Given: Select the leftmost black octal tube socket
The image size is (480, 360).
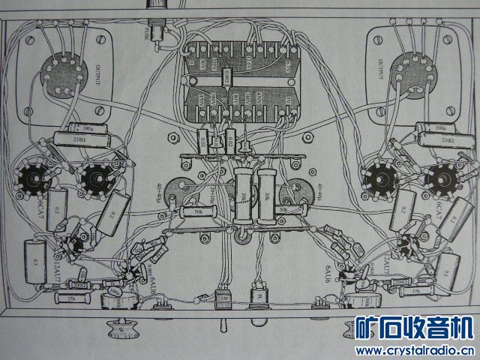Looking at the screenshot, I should pyautogui.click(x=33, y=178).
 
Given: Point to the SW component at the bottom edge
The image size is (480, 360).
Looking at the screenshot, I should pyautogui.click(x=223, y=296).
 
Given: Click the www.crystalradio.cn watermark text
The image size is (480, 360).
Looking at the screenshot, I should pyautogui.click(x=414, y=349).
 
